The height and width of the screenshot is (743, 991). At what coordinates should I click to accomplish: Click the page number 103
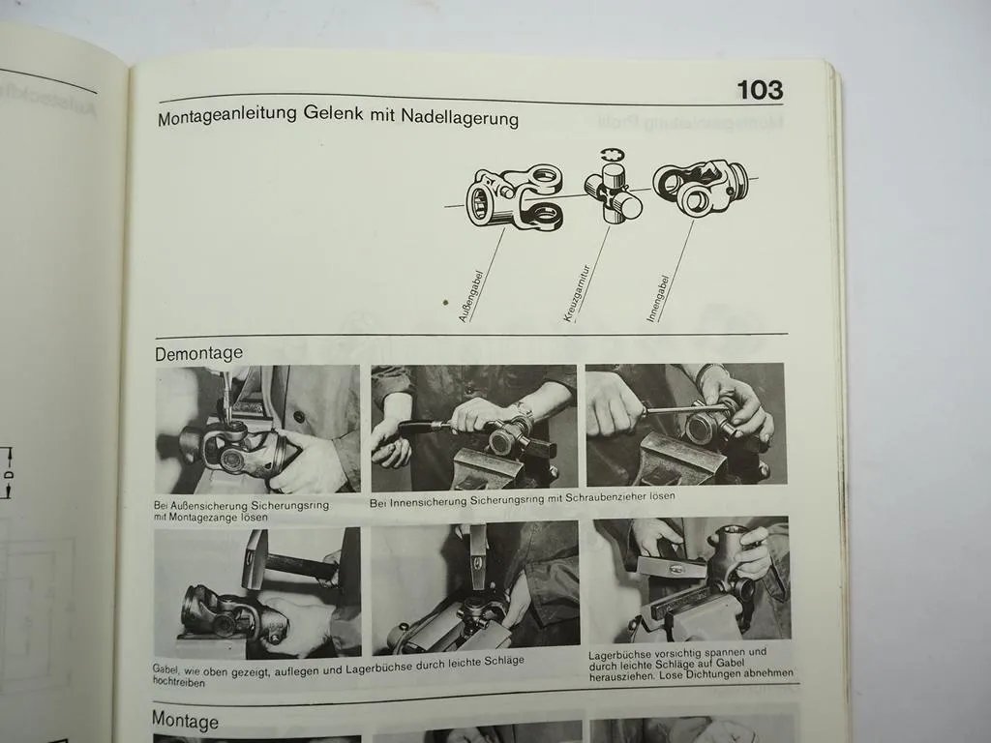click(x=759, y=90)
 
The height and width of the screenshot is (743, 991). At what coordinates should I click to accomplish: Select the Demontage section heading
click(x=198, y=353)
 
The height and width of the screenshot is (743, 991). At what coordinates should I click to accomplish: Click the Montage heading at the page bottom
click(x=185, y=721)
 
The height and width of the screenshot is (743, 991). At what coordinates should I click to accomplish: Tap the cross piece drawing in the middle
click(x=613, y=193)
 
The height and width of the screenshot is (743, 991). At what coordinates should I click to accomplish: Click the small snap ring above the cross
click(x=610, y=155)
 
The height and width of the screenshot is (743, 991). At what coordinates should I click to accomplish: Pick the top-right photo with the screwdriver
click(x=685, y=424)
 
